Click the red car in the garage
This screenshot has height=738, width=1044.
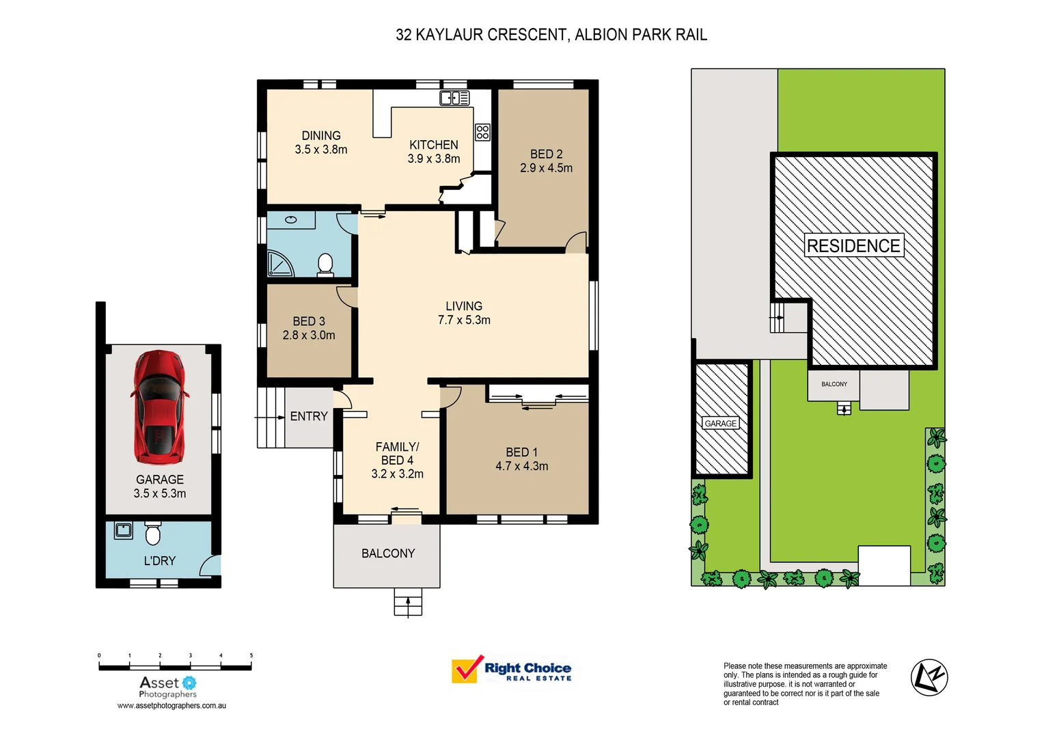[x=159, y=407]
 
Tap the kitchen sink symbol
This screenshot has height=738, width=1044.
[x=454, y=98]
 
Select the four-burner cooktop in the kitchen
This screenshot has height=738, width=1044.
[x=482, y=132]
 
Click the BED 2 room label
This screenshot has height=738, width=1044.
[x=546, y=161]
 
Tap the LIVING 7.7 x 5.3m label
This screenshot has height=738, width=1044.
[x=464, y=313]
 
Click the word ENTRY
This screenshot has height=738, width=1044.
[x=309, y=416]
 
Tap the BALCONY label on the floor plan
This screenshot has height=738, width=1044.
[x=388, y=553]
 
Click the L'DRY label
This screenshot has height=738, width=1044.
[x=160, y=561]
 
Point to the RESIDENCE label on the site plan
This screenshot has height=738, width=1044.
[x=853, y=246]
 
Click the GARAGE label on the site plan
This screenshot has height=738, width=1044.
[x=721, y=424]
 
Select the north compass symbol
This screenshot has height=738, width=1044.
[x=929, y=677]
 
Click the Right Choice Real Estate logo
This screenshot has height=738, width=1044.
[x=512, y=670]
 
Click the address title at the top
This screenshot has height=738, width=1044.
[x=551, y=35]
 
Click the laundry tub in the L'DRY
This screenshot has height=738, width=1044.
[x=124, y=530]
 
